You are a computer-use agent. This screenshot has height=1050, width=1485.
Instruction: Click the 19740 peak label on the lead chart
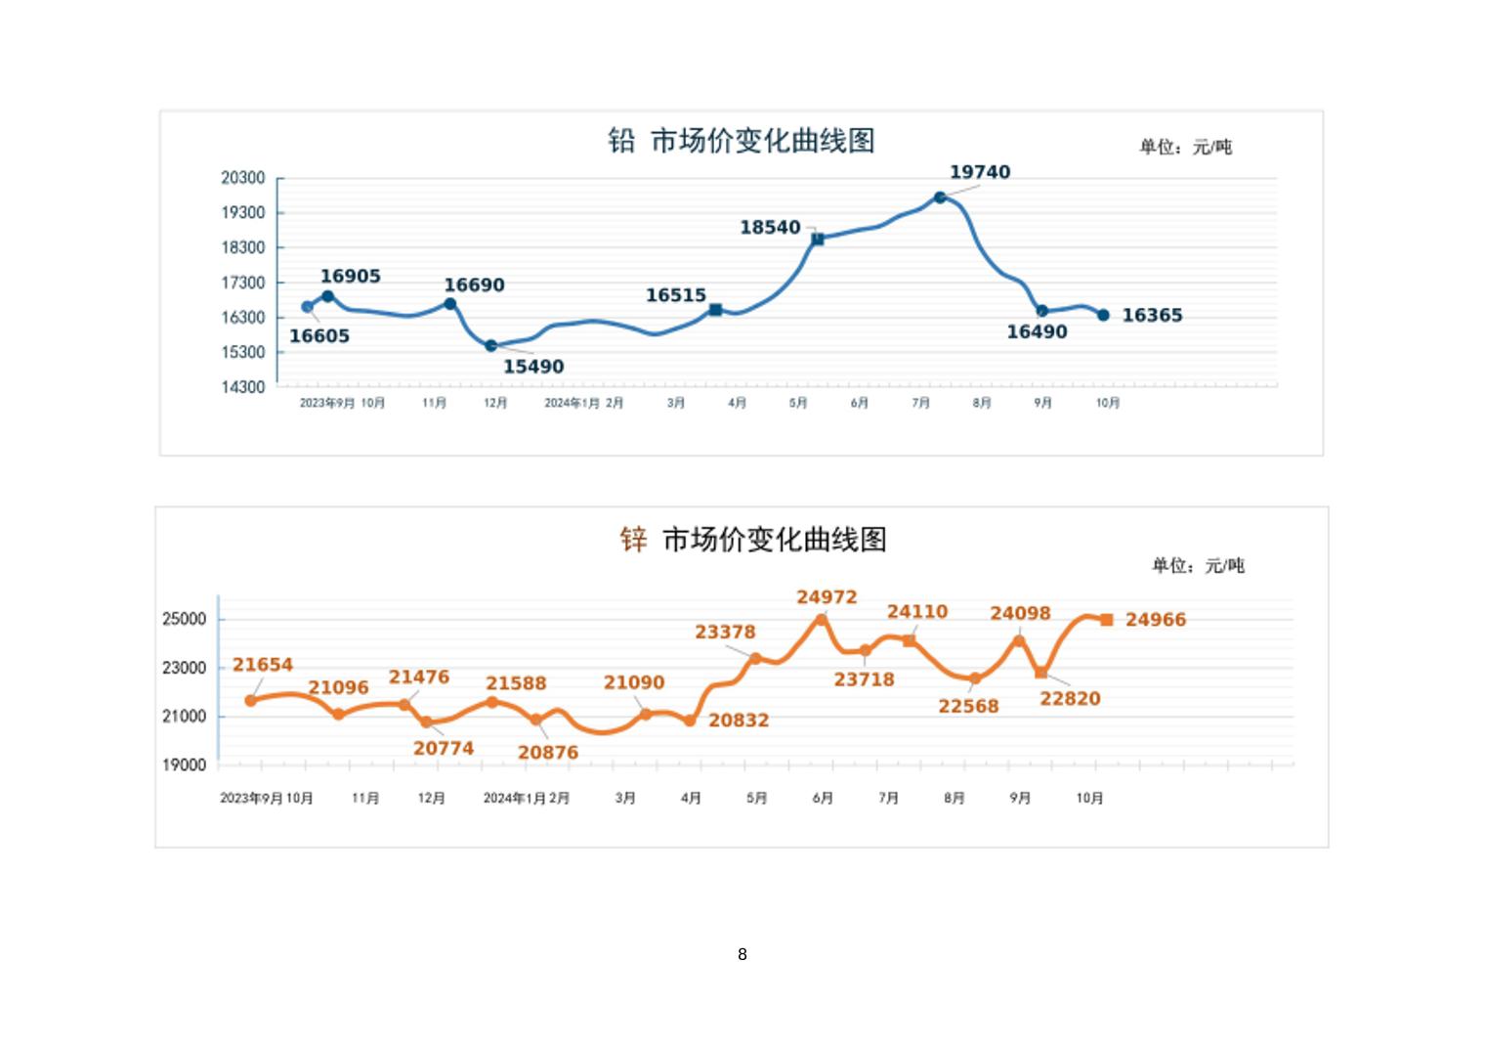980,172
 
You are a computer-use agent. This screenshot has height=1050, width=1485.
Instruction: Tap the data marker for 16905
327,296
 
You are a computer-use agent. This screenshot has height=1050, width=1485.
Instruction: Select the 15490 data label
533,367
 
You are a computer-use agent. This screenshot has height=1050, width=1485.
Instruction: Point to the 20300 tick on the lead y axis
242,178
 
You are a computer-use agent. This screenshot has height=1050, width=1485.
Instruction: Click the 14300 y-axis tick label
242,387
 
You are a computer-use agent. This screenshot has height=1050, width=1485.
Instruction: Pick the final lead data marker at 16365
1103,315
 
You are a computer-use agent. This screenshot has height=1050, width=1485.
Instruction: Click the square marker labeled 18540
818,239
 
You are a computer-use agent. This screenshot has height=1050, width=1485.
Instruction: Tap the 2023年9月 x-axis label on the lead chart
327,403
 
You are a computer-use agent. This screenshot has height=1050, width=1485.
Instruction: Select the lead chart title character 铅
621,141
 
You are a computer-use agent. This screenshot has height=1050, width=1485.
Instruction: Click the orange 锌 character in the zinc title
633,539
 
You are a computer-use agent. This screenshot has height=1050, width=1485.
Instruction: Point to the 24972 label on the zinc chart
827,596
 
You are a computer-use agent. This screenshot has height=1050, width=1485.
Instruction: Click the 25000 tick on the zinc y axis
184,619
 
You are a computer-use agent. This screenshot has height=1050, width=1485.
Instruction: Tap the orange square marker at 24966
1106,620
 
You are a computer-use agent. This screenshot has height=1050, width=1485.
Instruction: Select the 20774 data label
444,748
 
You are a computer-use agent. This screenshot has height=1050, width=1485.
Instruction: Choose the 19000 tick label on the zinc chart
184,766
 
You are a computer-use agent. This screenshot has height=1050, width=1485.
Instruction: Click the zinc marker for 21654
251,700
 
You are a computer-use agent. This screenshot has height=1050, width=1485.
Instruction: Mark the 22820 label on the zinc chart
1070,698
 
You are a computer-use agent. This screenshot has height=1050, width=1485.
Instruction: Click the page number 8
742,954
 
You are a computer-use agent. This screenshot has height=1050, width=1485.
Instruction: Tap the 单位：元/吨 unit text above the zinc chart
1198,565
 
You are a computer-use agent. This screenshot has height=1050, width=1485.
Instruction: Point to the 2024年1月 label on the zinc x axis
514,798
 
